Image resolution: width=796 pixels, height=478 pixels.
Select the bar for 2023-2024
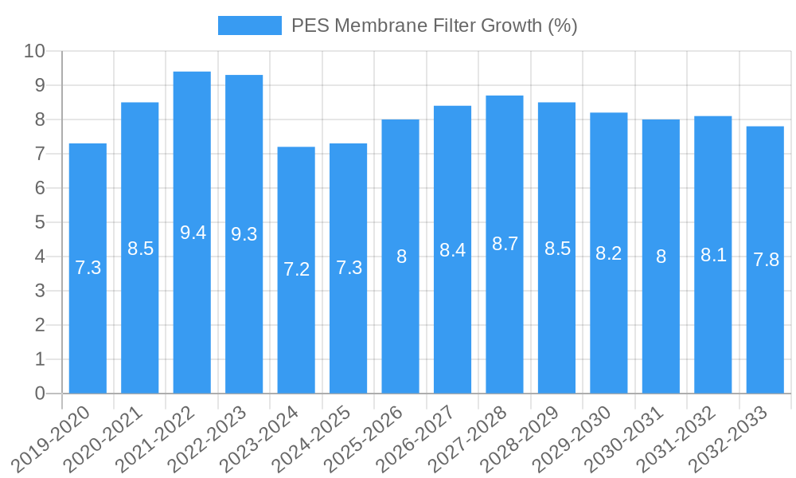pyautogui.click(x=296, y=270)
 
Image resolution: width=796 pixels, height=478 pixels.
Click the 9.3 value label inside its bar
pyautogui.click(x=244, y=234)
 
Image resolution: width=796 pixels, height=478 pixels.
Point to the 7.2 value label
pyautogui.click(x=296, y=269)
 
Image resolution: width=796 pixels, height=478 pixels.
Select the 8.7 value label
pyautogui.click(x=505, y=245)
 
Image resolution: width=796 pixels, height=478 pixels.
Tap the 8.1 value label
pyautogui.click(x=713, y=255)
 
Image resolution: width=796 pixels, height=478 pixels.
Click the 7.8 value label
pyautogui.click(x=766, y=260)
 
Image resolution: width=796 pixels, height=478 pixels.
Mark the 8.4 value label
pyautogui.click(x=452, y=250)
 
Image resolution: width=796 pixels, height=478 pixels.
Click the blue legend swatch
pyautogui.click(x=249, y=25)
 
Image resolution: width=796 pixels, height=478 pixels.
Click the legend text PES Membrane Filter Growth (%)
pyautogui.click(x=434, y=25)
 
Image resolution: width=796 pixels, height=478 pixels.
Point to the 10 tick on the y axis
pyautogui.click(x=35, y=51)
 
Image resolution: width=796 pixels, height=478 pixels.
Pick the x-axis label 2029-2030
pyautogui.click(x=575, y=439)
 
